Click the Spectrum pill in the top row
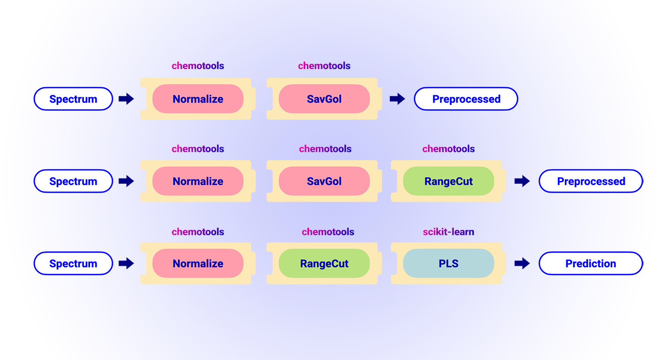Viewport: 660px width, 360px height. tap(73, 99)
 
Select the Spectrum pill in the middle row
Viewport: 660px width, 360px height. tap(73, 181)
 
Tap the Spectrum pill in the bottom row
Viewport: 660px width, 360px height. tap(73, 263)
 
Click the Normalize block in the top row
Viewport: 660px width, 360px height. tap(198, 99)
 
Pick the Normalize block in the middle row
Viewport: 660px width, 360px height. tap(198, 181)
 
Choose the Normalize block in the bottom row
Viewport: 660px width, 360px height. tap(198, 263)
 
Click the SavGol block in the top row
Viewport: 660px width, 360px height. tap(324, 99)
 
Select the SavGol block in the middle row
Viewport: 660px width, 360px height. tap(324, 181)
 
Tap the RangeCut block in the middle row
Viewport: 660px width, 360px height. tap(449, 181)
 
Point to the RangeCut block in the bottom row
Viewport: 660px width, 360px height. tap(324, 263)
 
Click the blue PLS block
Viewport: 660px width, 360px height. tap(449, 263)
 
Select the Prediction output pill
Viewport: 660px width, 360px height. tap(591, 263)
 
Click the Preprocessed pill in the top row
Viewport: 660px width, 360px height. tap(466, 99)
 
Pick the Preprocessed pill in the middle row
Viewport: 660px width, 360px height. tap(591, 181)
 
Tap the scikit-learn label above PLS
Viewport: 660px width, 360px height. tap(449, 232)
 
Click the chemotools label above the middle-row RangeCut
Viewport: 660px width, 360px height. tap(449, 149)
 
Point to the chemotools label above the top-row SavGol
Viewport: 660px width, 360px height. tap(324, 66)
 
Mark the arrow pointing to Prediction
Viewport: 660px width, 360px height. tap(522, 263)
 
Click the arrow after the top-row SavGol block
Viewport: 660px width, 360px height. tap(397, 99)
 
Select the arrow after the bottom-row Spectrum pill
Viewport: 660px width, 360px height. tap(126, 263)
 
